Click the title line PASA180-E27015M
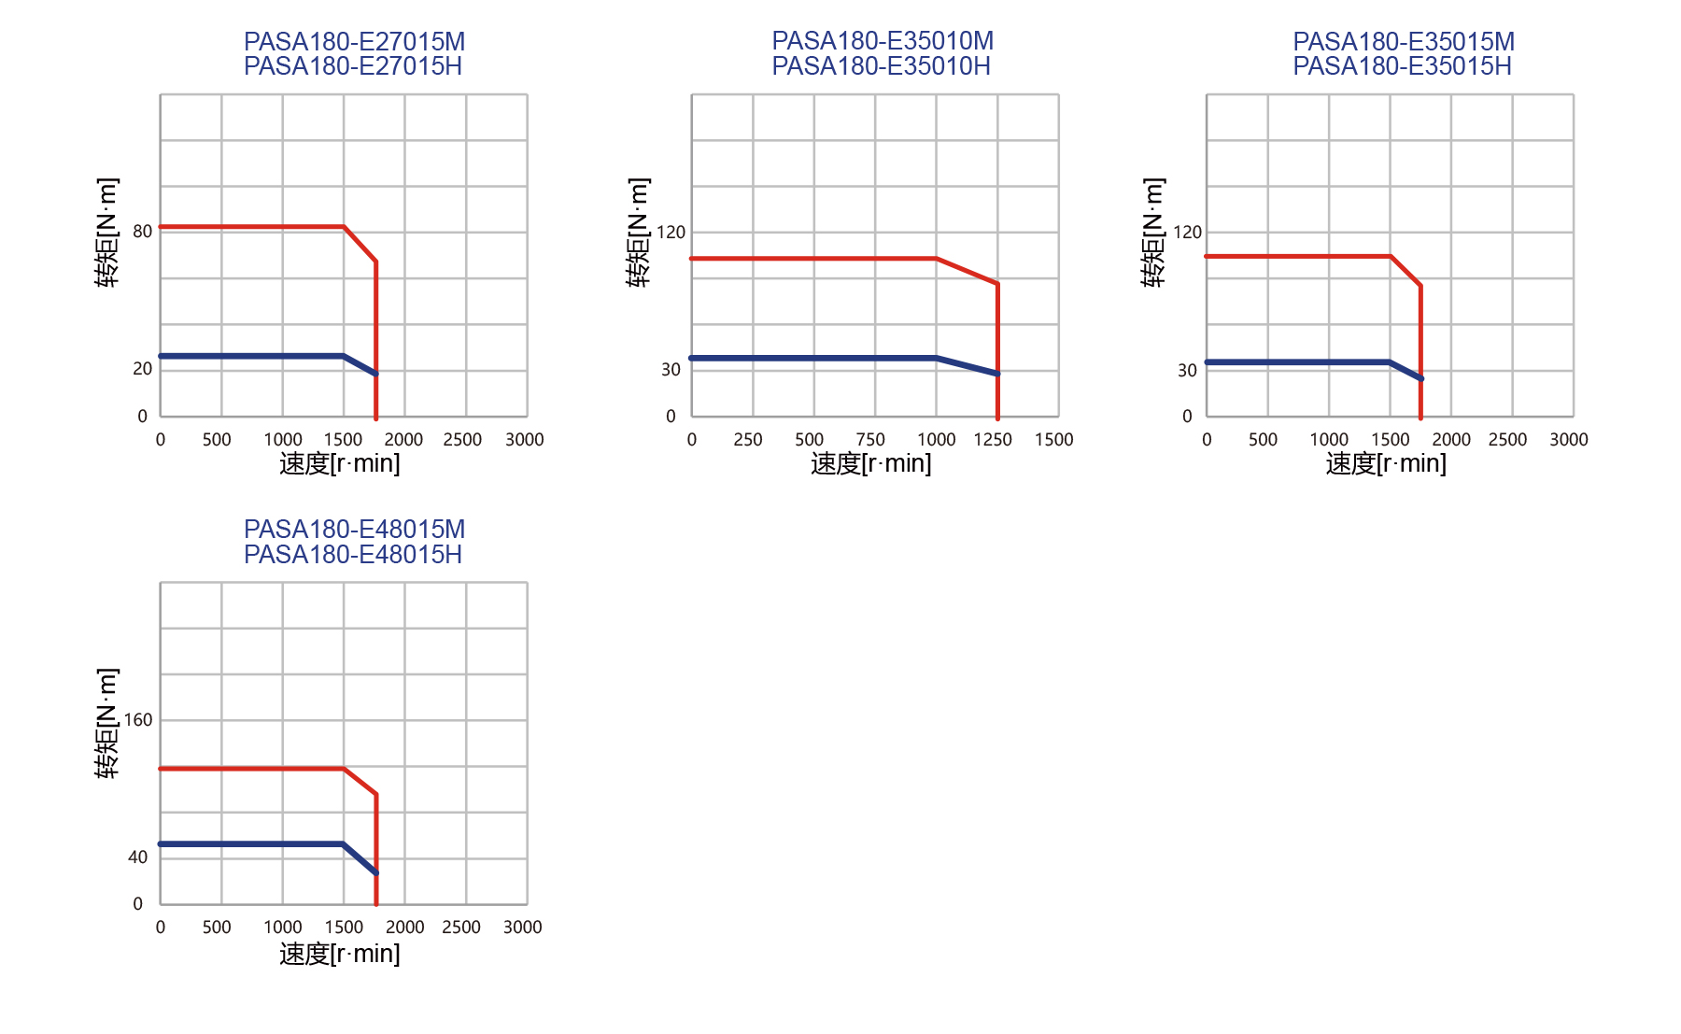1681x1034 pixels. tap(354, 42)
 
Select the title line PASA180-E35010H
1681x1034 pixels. tap(881, 66)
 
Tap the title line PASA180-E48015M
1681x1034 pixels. tap(354, 530)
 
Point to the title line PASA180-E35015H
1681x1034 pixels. tap(1402, 66)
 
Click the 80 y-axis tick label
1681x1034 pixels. tap(142, 232)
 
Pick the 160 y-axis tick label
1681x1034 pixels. tap(137, 720)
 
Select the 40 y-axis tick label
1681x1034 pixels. tap(137, 857)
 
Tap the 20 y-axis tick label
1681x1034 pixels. tap(142, 369)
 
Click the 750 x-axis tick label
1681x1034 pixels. tap(870, 440)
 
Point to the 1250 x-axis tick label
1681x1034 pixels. tap(993, 440)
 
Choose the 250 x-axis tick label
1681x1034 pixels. tap(748, 440)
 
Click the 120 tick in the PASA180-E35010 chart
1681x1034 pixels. tap(671, 233)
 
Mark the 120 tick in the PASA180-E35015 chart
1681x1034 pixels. tap(1187, 233)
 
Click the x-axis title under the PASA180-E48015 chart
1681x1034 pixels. tap(340, 954)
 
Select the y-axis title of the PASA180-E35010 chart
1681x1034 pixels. tap(638, 233)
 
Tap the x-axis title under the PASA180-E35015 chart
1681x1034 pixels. tap(1386, 463)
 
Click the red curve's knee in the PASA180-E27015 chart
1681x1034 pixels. tap(344, 227)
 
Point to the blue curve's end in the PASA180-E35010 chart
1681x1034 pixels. tap(997, 374)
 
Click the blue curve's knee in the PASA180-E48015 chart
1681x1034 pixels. tap(344, 844)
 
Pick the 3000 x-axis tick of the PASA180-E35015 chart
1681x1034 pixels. tap(1569, 440)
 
